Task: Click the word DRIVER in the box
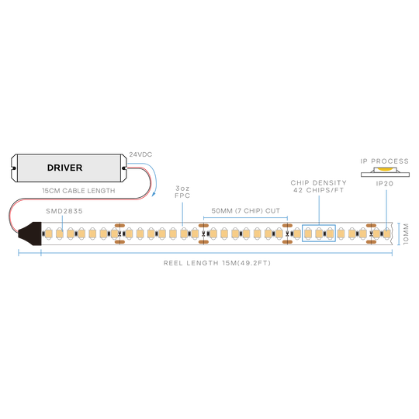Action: [64, 168]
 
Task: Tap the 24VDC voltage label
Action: [140, 154]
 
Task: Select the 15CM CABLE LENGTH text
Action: [78, 191]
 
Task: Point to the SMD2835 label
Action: [64, 211]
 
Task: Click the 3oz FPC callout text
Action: [182, 192]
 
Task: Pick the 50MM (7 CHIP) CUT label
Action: [245, 211]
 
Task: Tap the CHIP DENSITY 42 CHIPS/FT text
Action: [319, 186]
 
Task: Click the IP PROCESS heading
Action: [385, 161]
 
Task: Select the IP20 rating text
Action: [385, 184]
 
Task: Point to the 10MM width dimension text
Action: [406, 234]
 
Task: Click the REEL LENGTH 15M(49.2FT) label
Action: [217, 263]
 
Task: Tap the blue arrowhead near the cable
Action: [154, 194]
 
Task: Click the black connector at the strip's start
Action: [30, 234]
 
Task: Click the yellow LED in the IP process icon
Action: [384, 169]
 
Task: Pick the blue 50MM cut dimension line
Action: [245, 217]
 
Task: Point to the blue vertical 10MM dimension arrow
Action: [398, 234]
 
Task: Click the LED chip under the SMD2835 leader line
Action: [60, 234]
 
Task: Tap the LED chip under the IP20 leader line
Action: [386, 234]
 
